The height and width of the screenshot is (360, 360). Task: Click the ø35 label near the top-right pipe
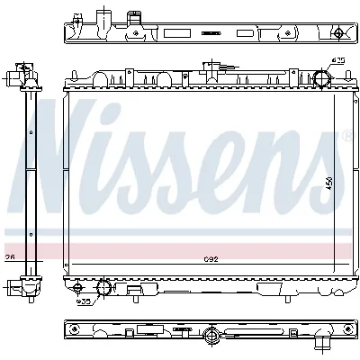(337, 61)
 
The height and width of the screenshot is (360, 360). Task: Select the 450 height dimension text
(330, 180)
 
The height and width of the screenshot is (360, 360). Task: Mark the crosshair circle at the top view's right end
(337, 33)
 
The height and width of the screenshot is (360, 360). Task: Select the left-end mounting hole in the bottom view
(75, 333)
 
